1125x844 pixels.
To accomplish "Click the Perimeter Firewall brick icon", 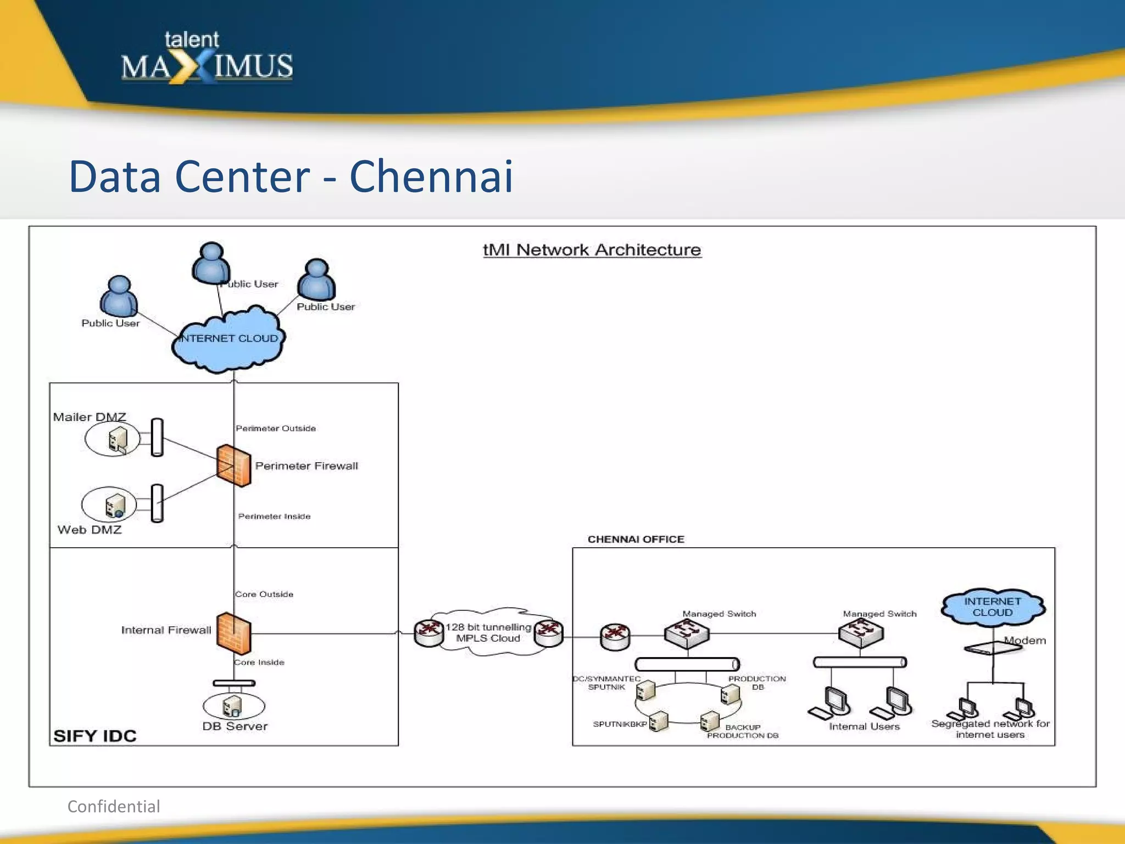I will (x=234, y=465).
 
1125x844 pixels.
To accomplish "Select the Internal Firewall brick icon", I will (x=234, y=633).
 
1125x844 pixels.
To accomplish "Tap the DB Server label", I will (x=235, y=726).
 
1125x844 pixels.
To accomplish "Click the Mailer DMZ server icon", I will (x=117, y=440).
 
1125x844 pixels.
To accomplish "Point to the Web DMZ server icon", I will (x=115, y=506).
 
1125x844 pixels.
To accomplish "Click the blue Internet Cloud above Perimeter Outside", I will (x=229, y=338).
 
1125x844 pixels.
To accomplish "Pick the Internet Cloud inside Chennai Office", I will (x=993, y=607).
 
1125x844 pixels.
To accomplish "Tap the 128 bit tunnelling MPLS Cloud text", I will (x=488, y=632).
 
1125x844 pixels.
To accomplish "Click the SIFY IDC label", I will (x=94, y=736).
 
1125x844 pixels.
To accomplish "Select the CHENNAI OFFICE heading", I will (x=636, y=539).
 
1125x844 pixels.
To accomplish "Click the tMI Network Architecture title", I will (x=592, y=250).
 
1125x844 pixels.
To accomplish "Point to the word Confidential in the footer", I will (x=114, y=806).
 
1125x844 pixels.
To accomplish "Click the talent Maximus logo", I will (x=207, y=59).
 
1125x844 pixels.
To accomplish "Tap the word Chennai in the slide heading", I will (x=431, y=177).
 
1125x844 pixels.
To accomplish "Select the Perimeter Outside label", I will (x=276, y=428).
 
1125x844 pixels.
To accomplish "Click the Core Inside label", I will (x=259, y=662).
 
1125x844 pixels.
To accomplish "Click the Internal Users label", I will (x=864, y=726).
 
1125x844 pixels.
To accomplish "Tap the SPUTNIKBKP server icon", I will (x=659, y=721).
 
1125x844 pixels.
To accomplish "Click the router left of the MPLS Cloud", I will (x=428, y=633).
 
